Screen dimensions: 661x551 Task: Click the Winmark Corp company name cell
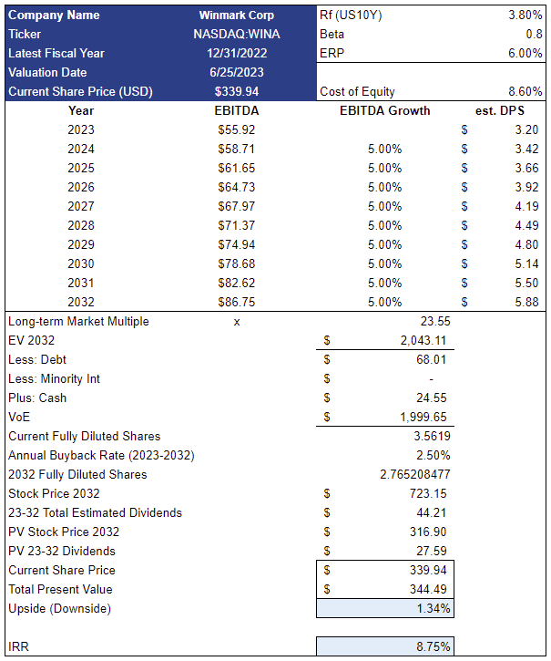(x=236, y=15)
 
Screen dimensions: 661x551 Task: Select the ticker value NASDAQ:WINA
(x=236, y=35)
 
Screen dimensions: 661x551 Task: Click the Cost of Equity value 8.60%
(x=525, y=92)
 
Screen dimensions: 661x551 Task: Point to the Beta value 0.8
(x=534, y=35)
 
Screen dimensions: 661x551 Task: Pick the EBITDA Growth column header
(x=384, y=111)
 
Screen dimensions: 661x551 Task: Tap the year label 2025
(x=81, y=168)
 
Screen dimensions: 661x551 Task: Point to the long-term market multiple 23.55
(x=435, y=321)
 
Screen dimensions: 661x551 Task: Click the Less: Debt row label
(x=37, y=359)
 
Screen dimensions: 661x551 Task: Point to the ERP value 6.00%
(x=525, y=54)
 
